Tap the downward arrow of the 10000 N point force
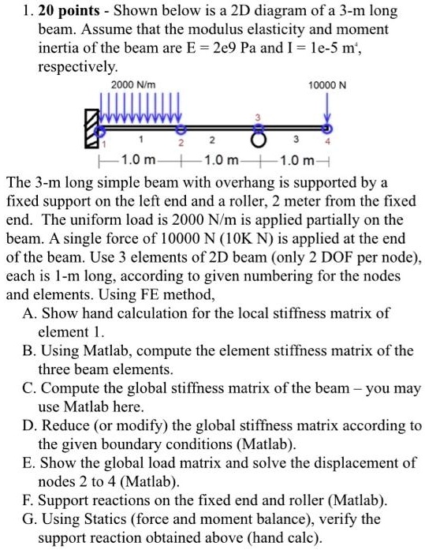[x=328, y=110]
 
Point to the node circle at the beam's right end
[x=328, y=128]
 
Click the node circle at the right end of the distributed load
[x=181, y=128]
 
